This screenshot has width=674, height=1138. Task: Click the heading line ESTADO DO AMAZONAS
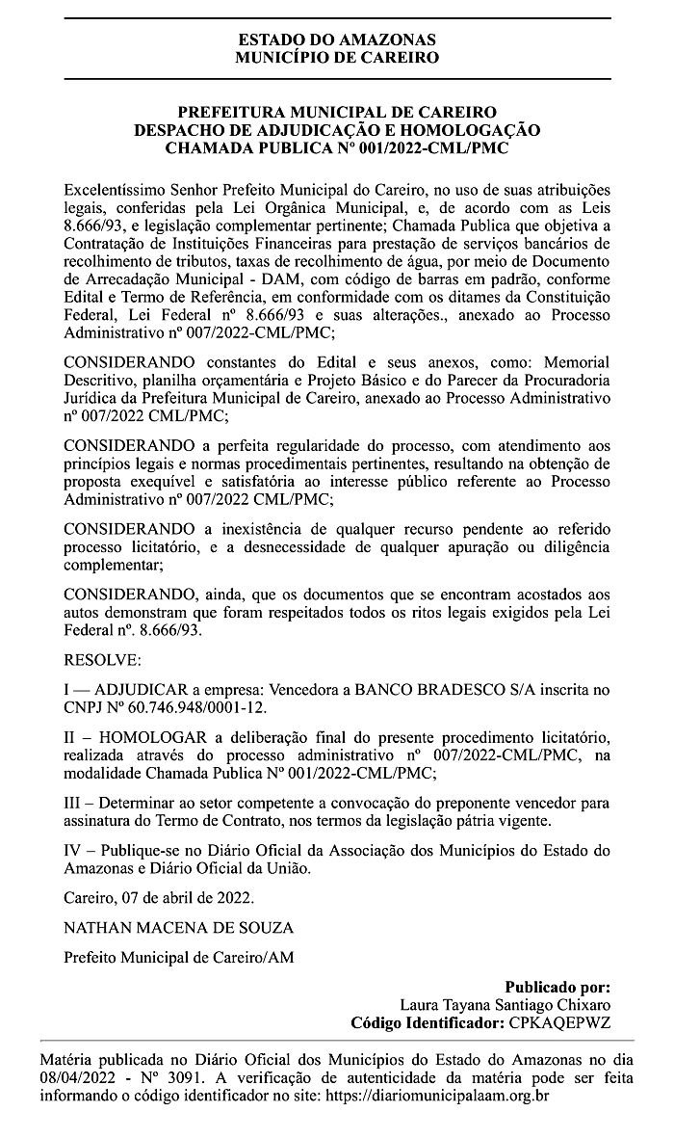tap(336, 40)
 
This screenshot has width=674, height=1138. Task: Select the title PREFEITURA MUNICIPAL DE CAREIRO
tap(336, 113)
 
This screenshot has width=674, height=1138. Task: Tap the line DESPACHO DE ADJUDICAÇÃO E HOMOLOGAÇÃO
tap(336, 130)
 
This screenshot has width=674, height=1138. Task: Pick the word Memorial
tap(577, 361)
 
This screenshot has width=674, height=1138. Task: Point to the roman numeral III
tap(74, 803)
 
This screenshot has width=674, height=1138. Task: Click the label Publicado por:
tap(557, 987)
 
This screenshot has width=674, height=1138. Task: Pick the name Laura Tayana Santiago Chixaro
tap(505, 1004)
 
